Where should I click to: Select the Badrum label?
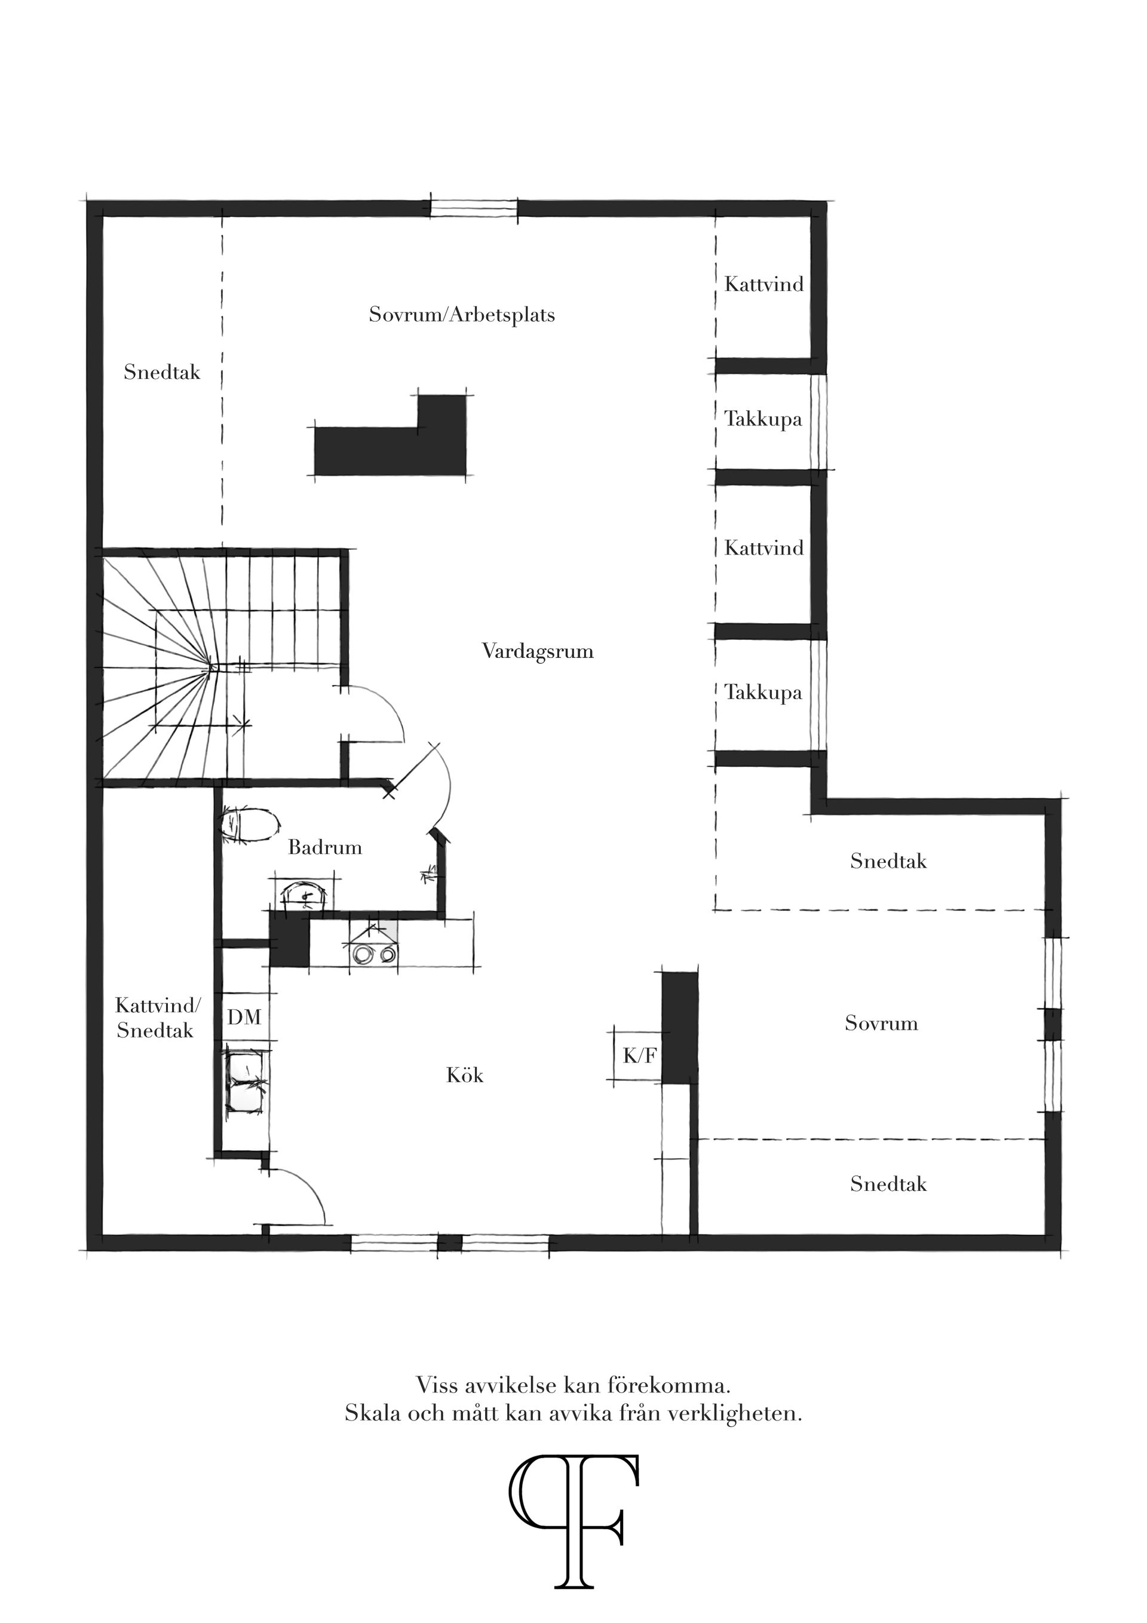pos(324,847)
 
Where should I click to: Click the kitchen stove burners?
pos(374,954)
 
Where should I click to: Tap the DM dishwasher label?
pos(244,1017)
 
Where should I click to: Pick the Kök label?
pos(464,1076)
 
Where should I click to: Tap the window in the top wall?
pos(474,208)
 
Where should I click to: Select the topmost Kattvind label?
pos(763,284)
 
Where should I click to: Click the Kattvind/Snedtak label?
pos(157,1018)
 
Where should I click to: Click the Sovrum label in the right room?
pos(881,1024)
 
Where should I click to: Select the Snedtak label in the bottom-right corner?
pos(888,1184)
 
